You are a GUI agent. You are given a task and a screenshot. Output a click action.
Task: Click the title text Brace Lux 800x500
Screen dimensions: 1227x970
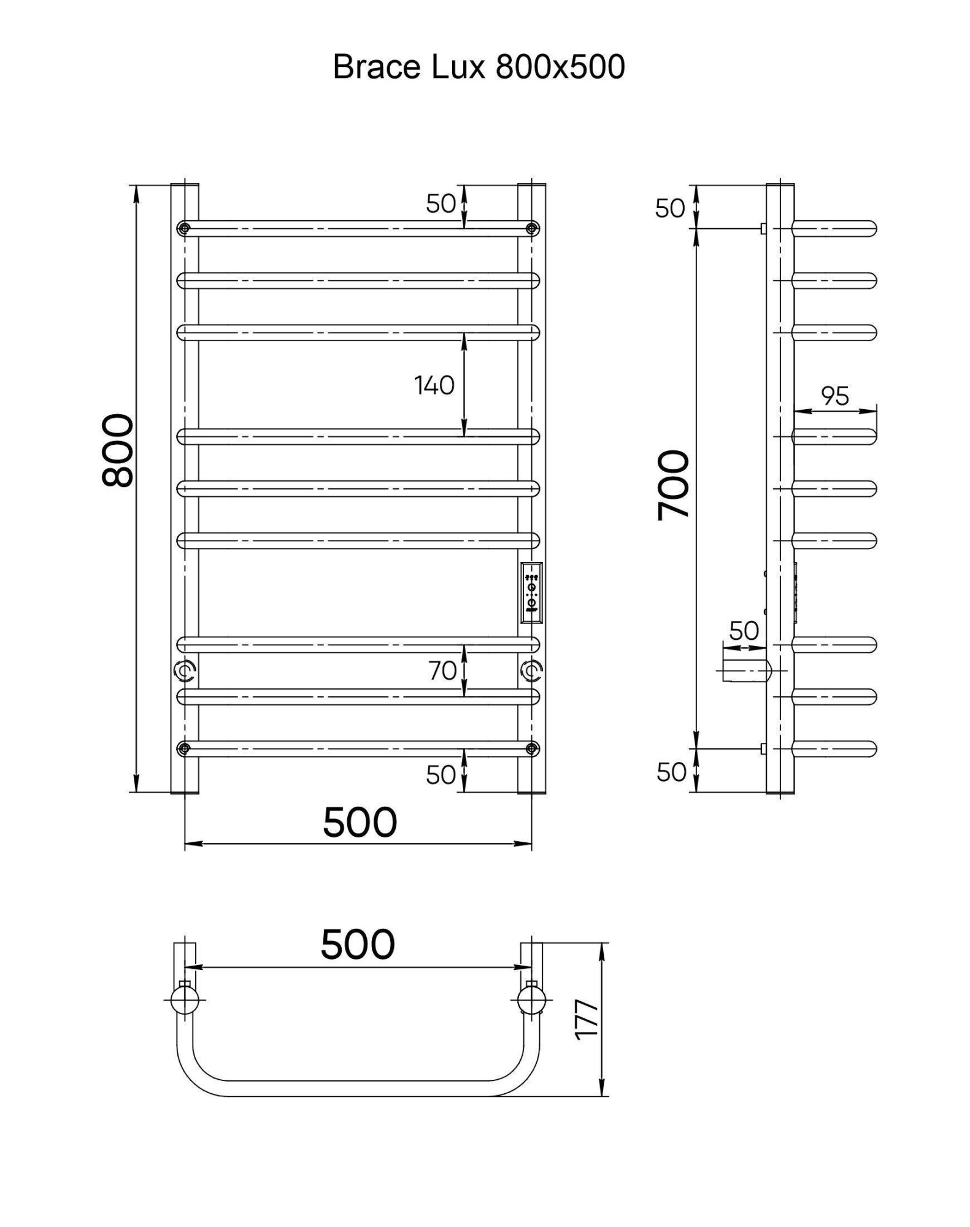click(x=479, y=66)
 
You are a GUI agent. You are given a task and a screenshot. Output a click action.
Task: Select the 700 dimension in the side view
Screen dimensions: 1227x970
click(x=673, y=485)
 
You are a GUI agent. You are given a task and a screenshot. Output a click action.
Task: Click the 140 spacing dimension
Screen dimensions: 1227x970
click(x=434, y=385)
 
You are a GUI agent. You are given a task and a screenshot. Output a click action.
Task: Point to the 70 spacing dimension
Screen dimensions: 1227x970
click(x=442, y=671)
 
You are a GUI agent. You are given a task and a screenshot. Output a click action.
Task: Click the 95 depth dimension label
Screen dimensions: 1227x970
click(x=835, y=396)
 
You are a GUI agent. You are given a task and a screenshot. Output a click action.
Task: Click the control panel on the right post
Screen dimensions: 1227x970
click(x=531, y=592)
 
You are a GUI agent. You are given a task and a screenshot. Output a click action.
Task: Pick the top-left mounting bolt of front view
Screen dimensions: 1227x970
click(x=183, y=229)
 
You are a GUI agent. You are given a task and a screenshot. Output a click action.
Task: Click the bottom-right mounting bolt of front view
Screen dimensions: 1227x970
click(x=532, y=748)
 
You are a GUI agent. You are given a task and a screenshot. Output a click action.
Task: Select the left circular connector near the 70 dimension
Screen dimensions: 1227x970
click(x=184, y=671)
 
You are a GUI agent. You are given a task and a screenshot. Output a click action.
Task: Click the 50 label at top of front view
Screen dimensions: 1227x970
click(x=441, y=204)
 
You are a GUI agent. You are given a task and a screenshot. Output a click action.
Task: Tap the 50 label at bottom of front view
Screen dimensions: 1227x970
click(x=441, y=775)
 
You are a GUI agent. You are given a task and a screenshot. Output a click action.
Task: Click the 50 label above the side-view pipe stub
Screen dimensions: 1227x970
click(x=744, y=630)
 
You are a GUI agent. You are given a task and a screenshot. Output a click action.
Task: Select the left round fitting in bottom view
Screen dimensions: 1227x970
click(x=183, y=999)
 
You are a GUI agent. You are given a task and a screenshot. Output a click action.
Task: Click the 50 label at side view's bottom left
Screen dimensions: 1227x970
click(x=671, y=772)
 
